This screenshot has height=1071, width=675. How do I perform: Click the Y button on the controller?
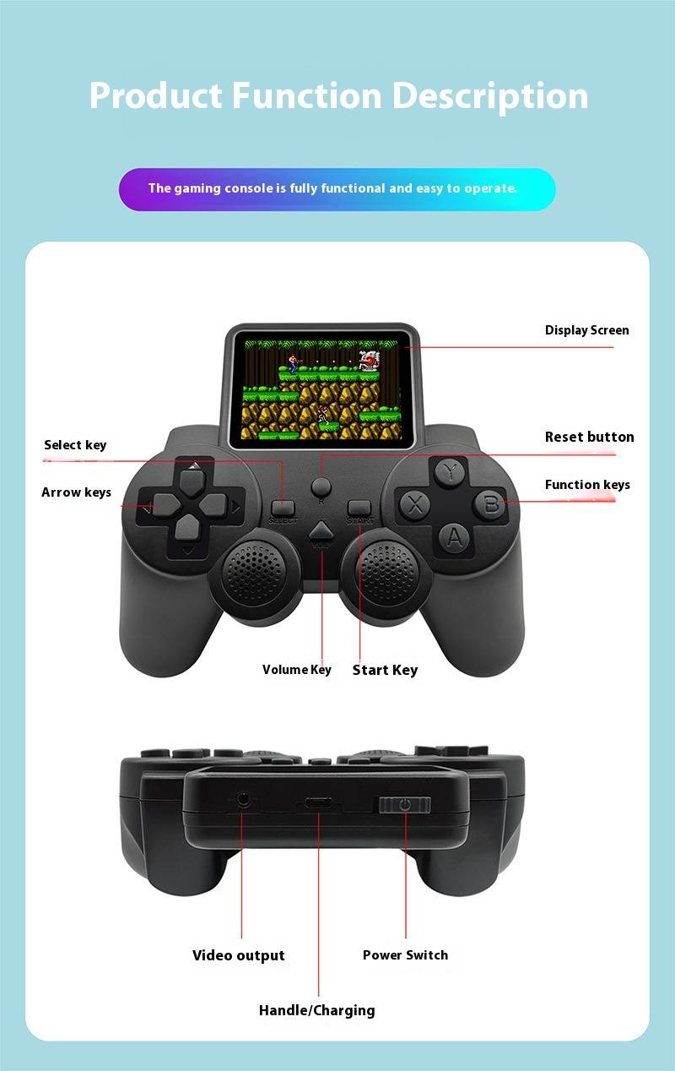point(450,472)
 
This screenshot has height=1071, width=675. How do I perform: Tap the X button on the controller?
point(414,505)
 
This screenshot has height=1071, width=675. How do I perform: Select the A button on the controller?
point(454,537)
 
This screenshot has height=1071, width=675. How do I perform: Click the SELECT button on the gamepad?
point(283,508)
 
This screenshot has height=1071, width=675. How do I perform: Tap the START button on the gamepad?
point(359,508)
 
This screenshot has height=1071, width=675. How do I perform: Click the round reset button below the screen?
point(321,487)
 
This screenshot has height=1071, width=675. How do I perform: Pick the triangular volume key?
point(321,531)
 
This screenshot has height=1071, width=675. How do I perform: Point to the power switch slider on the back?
point(405,805)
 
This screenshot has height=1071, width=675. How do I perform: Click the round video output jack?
point(244,798)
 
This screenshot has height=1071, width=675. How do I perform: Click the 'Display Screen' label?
point(586,330)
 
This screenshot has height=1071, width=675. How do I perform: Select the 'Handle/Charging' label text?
point(316,1010)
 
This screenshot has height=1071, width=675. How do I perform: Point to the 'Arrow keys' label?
point(77,492)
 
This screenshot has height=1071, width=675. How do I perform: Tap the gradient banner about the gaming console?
point(337,189)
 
